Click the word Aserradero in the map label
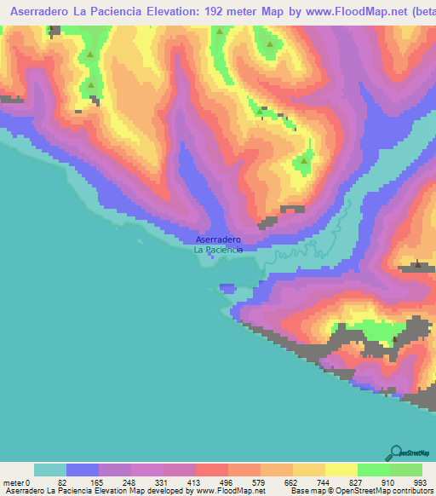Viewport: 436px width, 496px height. pos(218,240)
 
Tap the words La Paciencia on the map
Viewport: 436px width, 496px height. pos(218,250)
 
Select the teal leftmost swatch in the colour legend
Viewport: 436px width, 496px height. pos(49,470)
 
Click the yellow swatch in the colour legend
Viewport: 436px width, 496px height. pos(341,470)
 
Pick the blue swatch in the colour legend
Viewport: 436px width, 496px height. pos(83,470)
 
